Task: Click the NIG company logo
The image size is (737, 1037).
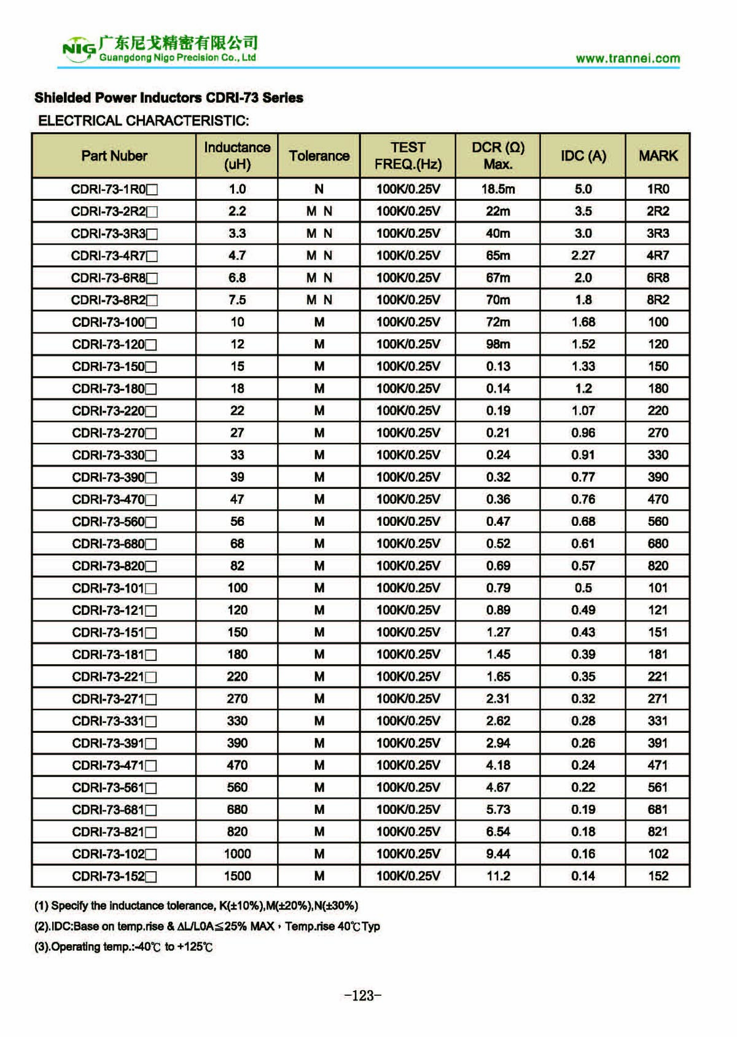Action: point(79,49)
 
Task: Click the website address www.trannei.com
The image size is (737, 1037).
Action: point(628,59)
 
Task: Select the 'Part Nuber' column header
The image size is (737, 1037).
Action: point(114,156)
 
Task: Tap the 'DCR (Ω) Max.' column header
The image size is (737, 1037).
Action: point(498,156)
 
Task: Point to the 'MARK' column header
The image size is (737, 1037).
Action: point(658,156)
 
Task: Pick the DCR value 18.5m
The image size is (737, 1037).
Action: point(498,189)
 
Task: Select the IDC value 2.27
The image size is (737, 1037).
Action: point(583,256)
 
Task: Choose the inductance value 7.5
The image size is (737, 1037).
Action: point(237,300)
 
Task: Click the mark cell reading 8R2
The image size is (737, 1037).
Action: point(658,300)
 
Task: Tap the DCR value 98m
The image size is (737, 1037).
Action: point(498,344)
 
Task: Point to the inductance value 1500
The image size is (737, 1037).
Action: point(237,876)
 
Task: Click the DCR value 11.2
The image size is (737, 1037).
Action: point(498,876)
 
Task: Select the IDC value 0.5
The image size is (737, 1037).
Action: point(583,588)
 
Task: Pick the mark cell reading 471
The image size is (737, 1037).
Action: point(658,765)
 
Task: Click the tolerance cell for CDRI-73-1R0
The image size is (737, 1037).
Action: point(319,189)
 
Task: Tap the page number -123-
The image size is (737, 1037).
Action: point(363,996)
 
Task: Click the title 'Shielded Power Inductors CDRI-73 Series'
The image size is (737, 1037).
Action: point(169,98)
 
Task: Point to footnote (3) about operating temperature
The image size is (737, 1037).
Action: point(123,947)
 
